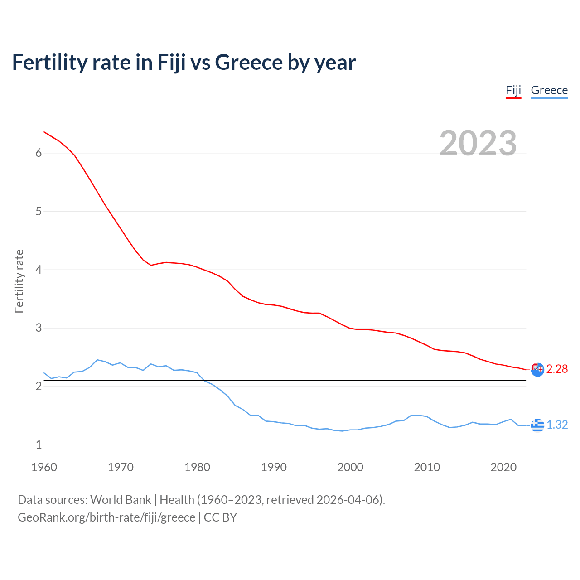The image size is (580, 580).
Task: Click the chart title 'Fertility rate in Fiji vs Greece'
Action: click(184, 62)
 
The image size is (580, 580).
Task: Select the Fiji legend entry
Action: click(513, 90)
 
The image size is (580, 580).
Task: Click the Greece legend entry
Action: click(549, 90)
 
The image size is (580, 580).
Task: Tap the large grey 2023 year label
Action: click(478, 143)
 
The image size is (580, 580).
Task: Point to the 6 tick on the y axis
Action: click(39, 153)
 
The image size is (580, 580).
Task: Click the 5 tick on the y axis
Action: click(39, 212)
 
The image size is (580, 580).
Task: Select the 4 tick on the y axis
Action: click(39, 270)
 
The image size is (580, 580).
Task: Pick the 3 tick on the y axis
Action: click(39, 328)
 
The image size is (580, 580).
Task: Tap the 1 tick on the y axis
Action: click(39, 445)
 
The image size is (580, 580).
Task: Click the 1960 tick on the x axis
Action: click(44, 467)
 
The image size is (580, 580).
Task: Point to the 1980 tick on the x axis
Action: click(197, 467)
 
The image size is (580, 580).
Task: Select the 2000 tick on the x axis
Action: click(350, 467)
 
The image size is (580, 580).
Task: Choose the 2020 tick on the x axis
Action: click(503, 467)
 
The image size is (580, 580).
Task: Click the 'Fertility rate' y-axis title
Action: click(19, 281)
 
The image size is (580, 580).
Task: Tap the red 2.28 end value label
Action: click(557, 369)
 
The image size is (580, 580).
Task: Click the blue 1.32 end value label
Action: click(557, 425)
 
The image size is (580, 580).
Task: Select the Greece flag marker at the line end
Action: click(537, 425)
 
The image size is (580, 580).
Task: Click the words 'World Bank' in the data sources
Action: click(121, 500)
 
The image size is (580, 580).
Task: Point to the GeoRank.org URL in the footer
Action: click(106, 517)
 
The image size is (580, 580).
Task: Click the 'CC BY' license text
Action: click(220, 517)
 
